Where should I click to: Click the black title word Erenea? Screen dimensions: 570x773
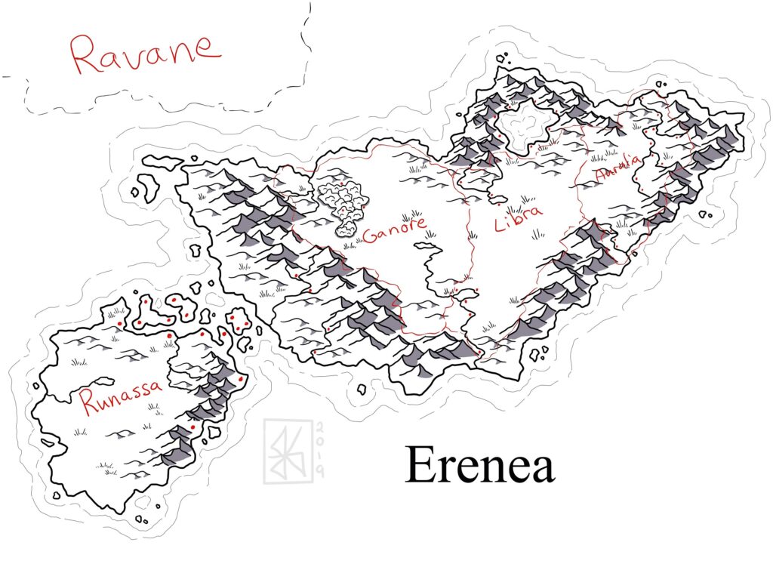tap(480, 465)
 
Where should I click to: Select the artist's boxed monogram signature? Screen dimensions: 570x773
tap(285, 452)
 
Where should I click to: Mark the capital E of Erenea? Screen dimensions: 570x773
tap(420, 465)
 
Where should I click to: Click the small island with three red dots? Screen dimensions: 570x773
tap(239, 320)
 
